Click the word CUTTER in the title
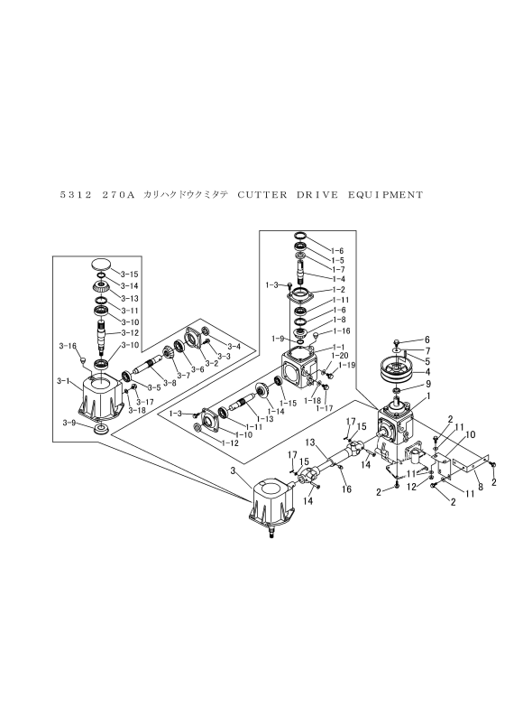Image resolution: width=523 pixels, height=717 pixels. click(x=262, y=195)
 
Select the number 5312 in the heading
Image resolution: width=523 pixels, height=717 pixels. click(x=76, y=195)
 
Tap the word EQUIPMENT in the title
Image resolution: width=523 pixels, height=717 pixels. click(x=386, y=195)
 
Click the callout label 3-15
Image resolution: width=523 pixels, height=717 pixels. click(x=130, y=275)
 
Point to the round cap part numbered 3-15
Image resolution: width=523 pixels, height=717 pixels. click(x=101, y=265)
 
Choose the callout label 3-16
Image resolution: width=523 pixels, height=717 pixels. click(x=67, y=346)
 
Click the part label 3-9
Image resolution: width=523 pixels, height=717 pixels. click(x=69, y=423)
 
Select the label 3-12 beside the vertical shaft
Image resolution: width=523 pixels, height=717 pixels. click(x=130, y=333)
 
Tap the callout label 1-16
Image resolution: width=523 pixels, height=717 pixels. click(x=342, y=331)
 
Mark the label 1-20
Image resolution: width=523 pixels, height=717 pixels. click(x=339, y=355)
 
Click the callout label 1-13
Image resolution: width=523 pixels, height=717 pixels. click(x=265, y=418)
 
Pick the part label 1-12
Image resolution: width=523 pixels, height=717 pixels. click(x=230, y=442)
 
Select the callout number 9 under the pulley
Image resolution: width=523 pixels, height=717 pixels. click(x=428, y=384)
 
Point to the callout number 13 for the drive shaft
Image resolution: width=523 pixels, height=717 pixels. click(x=310, y=442)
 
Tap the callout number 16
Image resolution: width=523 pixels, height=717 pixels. click(x=346, y=489)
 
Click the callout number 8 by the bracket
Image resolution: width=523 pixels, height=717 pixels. click(x=480, y=488)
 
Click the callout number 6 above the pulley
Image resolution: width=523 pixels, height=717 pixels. click(x=427, y=340)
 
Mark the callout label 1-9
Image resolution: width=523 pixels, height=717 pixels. click(x=278, y=339)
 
